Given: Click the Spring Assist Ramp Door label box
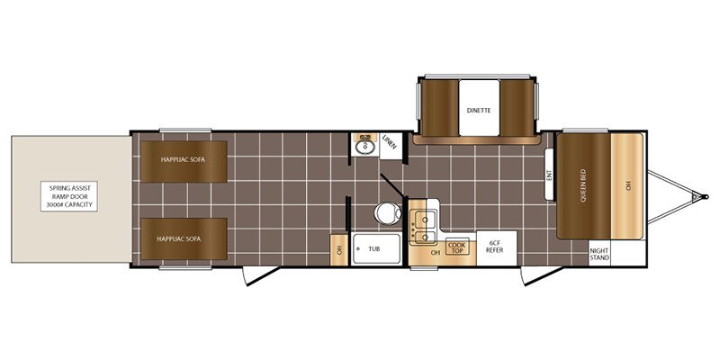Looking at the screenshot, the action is pos(69,196).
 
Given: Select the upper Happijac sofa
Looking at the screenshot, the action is pos(184,161).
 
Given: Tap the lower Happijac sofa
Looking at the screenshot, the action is pos(184,238).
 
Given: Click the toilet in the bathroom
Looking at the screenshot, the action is pos(388,213).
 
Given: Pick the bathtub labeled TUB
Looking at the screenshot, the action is pos(376,249).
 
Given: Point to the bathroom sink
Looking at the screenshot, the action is pos(365,147).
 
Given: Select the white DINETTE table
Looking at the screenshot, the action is pos(479,108).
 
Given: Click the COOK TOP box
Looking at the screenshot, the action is pos(457,247).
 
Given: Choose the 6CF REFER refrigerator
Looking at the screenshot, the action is pos(497,248).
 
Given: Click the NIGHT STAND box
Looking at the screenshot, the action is pos(599,254).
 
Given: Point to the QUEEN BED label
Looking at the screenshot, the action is pos(583,186).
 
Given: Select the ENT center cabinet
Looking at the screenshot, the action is pos(549,175).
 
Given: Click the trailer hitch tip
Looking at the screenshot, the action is pos(706,196).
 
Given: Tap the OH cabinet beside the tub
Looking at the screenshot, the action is pos(339,250).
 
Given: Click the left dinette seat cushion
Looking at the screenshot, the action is pos(440,108).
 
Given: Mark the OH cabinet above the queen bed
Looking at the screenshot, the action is pos(626,186).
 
